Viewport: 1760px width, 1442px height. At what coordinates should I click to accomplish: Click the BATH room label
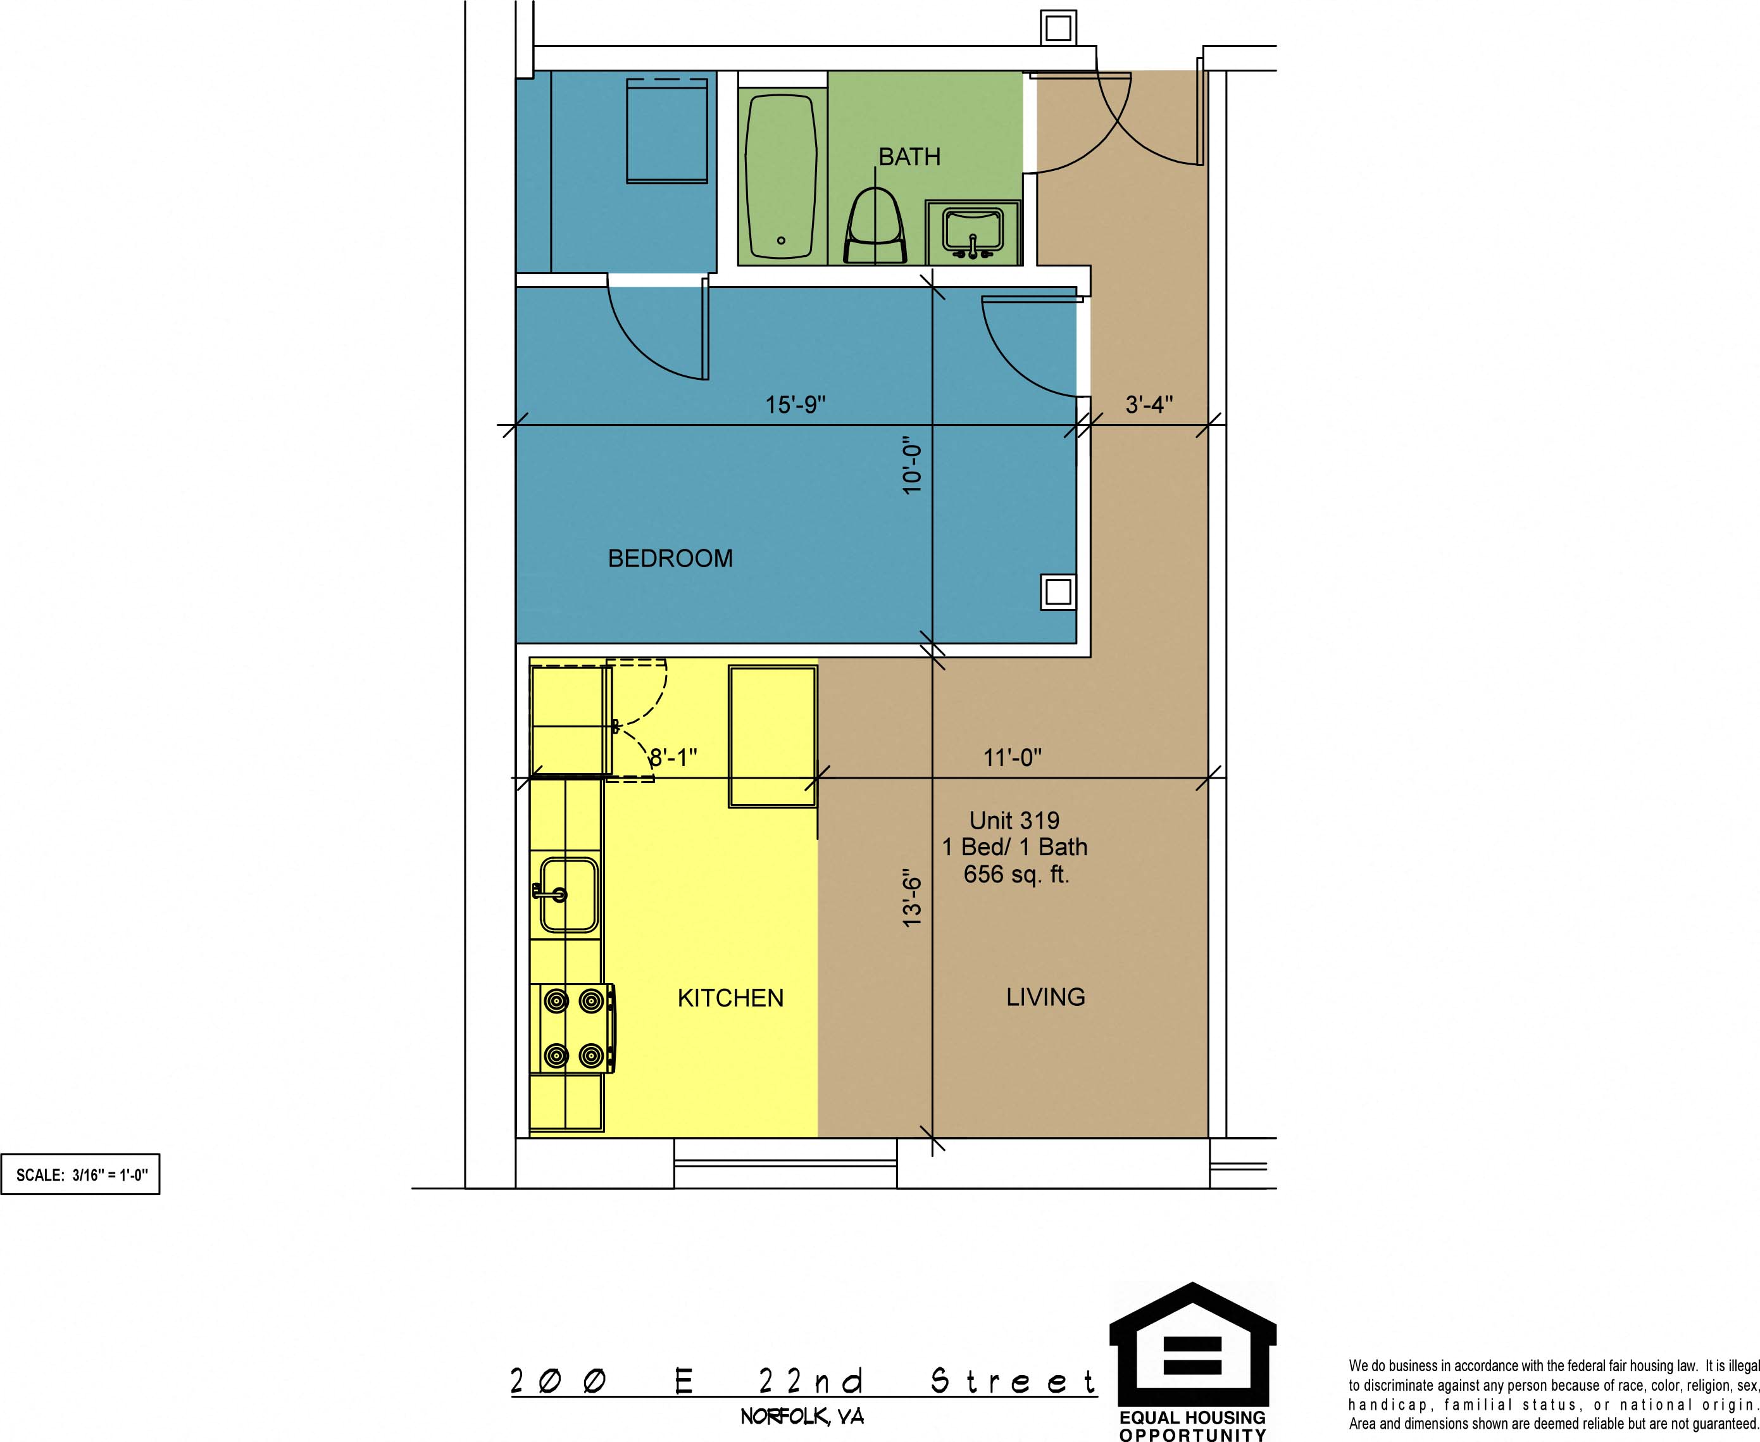(x=909, y=157)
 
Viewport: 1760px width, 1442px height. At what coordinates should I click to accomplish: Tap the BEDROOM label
(x=670, y=558)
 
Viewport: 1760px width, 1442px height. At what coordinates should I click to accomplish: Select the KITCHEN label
(x=730, y=998)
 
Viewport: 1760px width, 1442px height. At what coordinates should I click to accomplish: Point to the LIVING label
(x=1045, y=997)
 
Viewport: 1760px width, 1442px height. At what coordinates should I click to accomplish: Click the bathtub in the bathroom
(x=781, y=176)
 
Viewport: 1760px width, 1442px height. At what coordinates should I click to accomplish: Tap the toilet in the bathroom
(x=875, y=226)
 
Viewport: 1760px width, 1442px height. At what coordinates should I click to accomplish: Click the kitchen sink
(x=568, y=894)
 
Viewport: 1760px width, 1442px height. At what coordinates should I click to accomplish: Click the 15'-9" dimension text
(x=796, y=404)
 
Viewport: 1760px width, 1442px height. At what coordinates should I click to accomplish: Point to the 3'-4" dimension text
(x=1149, y=404)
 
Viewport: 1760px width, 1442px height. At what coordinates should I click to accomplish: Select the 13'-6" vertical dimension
(x=912, y=902)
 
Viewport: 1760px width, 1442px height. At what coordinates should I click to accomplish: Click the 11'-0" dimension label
(x=1013, y=758)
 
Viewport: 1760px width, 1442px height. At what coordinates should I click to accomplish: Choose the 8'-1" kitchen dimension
(x=673, y=758)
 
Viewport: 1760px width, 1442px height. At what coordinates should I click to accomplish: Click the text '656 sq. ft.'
(x=1016, y=874)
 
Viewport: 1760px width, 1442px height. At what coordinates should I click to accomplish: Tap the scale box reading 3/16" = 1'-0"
(x=80, y=1174)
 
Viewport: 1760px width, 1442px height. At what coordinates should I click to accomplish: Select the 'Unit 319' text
(x=1014, y=820)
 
